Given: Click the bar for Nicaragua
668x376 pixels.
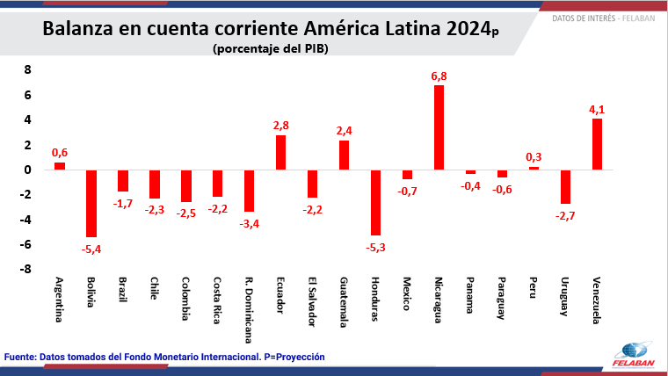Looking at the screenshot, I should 439,127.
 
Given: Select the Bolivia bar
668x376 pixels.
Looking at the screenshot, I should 91,203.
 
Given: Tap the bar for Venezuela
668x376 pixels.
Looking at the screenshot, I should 597,144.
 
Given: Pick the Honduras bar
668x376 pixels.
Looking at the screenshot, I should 375,202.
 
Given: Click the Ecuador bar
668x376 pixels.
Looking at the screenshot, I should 280,152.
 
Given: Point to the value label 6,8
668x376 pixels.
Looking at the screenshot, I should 439,76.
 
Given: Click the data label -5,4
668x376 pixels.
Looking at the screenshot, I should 91,249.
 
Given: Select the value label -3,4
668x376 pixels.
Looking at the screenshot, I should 250,224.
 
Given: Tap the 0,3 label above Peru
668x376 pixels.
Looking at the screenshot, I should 534,157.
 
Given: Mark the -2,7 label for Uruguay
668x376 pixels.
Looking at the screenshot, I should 565,216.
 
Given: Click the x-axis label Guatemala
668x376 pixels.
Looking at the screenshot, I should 344,300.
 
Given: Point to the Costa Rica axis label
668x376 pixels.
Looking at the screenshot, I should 217,301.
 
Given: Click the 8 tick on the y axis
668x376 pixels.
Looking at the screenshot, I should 26,69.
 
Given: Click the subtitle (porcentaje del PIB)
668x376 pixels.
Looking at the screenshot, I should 271,49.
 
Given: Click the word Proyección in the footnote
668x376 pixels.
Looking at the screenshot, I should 295,358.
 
